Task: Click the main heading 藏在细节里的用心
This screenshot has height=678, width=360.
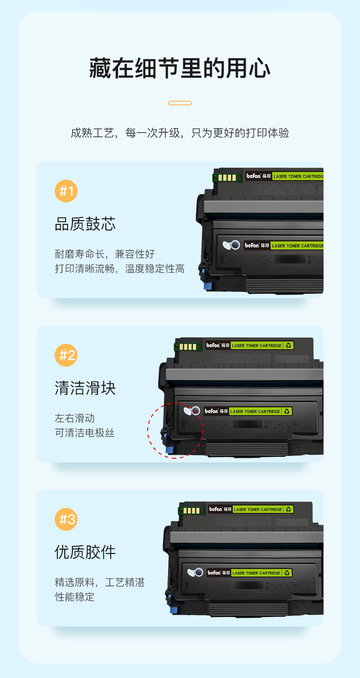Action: pos(180,68)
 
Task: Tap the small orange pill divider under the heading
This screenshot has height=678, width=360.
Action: pos(180,103)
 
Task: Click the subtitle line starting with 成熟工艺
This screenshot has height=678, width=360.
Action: pos(180,133)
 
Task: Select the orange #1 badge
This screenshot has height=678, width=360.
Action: pos(66,191)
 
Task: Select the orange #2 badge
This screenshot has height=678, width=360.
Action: pos(66,355)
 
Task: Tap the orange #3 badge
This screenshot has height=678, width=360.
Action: pos(66,519)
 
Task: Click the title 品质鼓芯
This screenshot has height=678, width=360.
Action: pos(85,224)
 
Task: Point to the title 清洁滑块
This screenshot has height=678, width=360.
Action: pos(85,388)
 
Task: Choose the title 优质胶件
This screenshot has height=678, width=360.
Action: pos(85,552)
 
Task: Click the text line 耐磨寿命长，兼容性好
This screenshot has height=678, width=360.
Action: pos(105,254)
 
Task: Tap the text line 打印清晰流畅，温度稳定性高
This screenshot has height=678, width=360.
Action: pos(119,269)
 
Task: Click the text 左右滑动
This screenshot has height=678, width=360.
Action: pos(75,418)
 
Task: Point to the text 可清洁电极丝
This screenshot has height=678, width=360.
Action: pos(85,433)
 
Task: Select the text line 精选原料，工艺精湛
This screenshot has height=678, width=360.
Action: pos(100,582)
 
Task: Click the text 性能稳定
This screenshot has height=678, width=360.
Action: pos(75,597)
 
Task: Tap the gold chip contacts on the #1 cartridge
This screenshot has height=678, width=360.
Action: pos(227,177)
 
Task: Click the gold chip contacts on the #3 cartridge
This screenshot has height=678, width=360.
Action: pos(191,511)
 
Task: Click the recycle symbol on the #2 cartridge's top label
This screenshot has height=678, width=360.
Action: pos(288,345)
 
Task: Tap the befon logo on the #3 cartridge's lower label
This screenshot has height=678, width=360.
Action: pos(214,572)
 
